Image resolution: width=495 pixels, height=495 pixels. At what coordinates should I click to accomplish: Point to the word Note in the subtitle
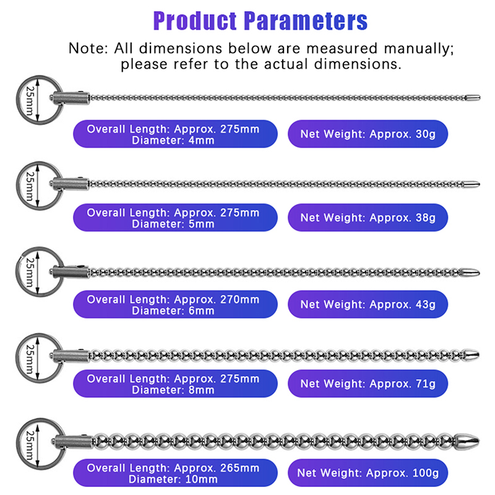(x=87, y=48)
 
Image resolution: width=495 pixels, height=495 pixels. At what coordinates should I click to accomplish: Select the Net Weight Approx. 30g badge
(x=368, y=134)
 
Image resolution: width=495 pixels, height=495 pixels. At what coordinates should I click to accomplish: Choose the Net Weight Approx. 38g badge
(x=368, y=218)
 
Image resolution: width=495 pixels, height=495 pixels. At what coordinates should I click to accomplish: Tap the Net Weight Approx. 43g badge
(x=368, y=304)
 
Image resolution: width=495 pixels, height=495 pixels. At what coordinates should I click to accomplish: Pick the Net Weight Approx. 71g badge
(x=368, y=384)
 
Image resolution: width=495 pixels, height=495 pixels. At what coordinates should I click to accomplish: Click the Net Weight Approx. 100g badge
(x=368, y=474)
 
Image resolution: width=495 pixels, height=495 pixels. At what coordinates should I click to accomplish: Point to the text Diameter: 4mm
(x=173, y=140)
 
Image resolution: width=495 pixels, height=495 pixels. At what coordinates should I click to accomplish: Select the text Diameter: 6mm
(x=173, y=310)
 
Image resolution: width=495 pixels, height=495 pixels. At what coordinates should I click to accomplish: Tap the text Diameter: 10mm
(x=173, y=480)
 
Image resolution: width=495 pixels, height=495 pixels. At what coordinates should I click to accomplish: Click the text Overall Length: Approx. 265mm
(x=173, y=468)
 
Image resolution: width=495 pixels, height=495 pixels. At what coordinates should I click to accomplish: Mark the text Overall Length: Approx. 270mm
(x=173, y=299)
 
